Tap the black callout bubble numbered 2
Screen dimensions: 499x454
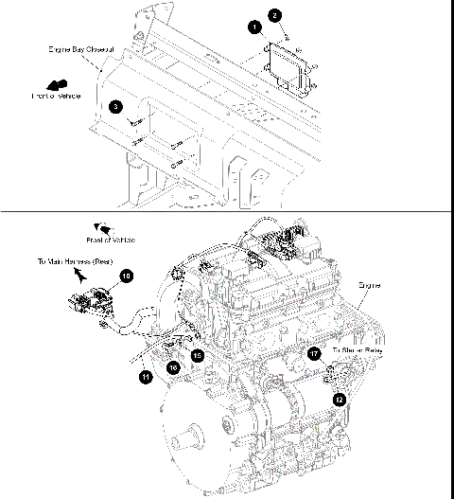274,15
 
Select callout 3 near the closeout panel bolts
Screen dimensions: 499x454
114,107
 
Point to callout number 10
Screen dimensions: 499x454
126,276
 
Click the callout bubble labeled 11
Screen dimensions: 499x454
146,377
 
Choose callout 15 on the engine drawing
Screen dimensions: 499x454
198,354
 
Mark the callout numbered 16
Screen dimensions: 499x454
173,365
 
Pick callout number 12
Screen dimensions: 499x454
339,400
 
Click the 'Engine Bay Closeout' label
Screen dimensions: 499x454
81,47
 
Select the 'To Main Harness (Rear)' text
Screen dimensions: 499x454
76,258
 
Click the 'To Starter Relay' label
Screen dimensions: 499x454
358,350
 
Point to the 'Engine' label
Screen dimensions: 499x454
370,283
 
